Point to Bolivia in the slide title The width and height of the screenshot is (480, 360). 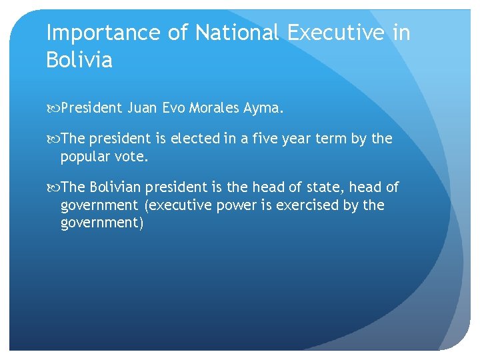click(x=79, y=61)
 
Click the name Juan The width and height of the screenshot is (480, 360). click(x=142, y=108)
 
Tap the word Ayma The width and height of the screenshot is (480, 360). click(x=265, y=108)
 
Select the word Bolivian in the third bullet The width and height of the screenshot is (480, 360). click(x=118, y=189)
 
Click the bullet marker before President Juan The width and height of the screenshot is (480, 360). click(x=54, y=108)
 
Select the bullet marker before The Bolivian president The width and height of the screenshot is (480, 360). click(x=54, y=189)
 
